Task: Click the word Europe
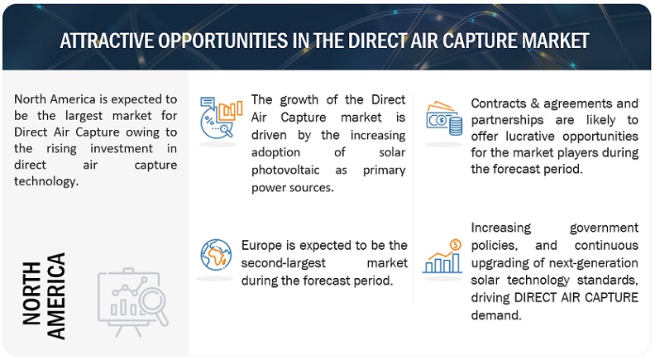pyautogui.click(x=262, y=246)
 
